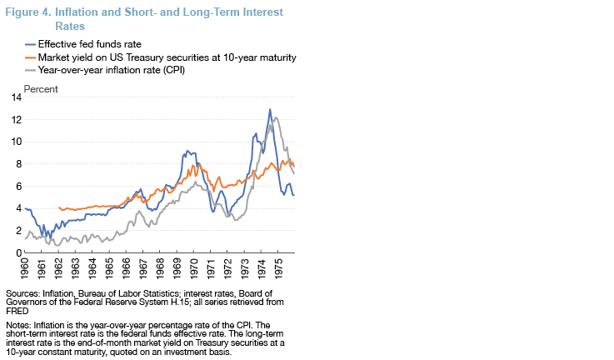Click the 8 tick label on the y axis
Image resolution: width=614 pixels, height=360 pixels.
pyautogui.click(x=17, y=164)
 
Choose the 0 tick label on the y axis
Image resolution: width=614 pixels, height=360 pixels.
pyautogui.click(x=17, y=252)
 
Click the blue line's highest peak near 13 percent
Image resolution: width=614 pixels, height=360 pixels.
pyautogui.click(x=270, y=109)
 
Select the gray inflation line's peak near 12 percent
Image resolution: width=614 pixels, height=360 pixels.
pyautogui.click(x=276, y=117)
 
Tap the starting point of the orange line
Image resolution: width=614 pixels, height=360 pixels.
pyautogui.click(x=59, y=207)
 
